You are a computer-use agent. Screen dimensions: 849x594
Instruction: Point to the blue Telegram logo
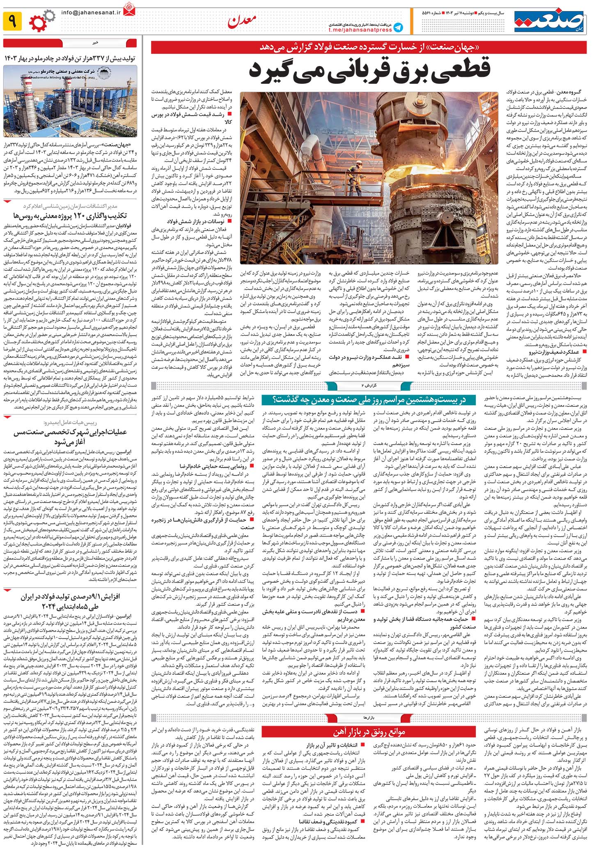[397, 27]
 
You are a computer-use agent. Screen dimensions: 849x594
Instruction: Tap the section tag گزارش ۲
[367, 386]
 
